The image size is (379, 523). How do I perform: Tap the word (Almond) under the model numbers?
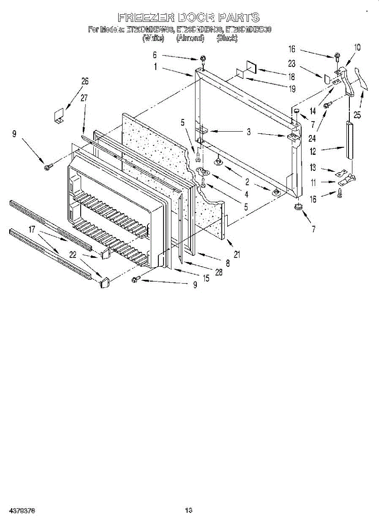point(190,38)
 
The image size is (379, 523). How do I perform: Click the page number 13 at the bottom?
point(188,510)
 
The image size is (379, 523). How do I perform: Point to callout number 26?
point(85,81)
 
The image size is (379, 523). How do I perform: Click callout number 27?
point(84,98)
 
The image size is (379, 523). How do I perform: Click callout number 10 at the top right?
point(357,48)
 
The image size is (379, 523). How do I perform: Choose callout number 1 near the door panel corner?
point(155,67)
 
